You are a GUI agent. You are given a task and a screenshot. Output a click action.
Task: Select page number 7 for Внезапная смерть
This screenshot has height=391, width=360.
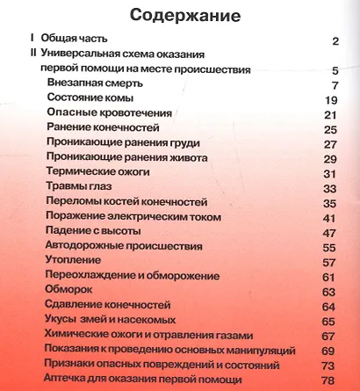pos(335,84)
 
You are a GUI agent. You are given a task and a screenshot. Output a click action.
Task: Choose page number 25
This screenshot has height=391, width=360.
pos(330,129)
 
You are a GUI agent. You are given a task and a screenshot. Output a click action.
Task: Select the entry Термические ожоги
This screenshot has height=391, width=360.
pos(99,172)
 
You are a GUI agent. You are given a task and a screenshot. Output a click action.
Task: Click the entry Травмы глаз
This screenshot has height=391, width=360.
pos(80,187)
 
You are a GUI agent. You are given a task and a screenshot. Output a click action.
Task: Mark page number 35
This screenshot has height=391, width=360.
pos(330,203)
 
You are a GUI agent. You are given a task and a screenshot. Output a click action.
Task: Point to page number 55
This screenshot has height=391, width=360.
pos(330,248)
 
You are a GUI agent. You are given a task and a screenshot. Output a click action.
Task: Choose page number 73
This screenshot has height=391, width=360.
pos(330,365)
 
